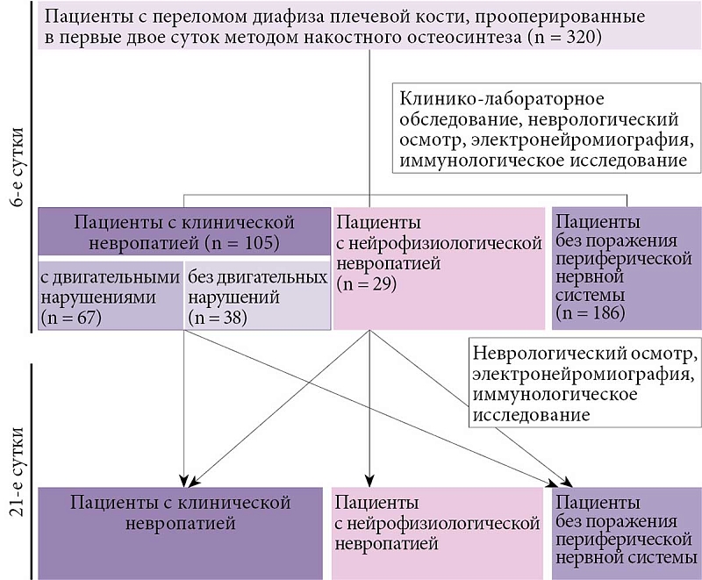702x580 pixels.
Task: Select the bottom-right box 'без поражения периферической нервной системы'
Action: [x=626, y=532]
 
